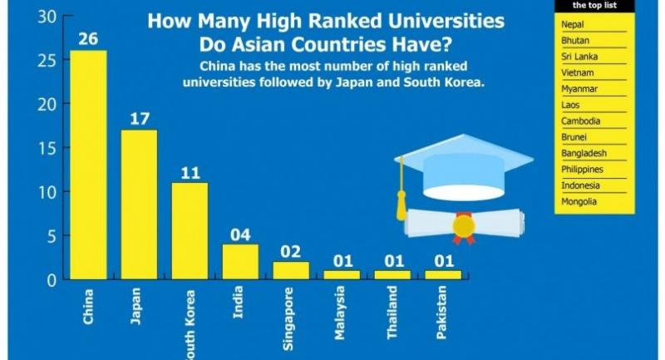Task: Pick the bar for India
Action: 240,261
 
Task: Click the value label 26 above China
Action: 87,39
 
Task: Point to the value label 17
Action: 139,118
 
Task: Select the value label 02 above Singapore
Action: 291,251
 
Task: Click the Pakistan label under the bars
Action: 443,321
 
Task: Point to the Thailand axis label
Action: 392,321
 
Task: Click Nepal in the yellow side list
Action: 573,25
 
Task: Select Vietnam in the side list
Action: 576,73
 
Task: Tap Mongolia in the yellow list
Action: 579,202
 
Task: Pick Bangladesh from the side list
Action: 584,154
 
